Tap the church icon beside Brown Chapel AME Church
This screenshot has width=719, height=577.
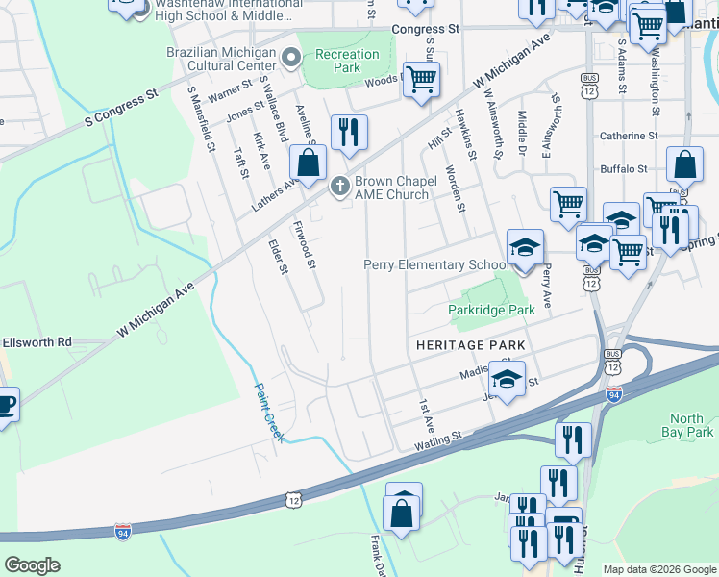coord(338,186)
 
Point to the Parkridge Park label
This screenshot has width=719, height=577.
coord(491,311)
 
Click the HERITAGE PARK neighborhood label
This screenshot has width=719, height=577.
coord(470,344)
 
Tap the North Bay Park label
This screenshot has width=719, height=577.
coord(686,425)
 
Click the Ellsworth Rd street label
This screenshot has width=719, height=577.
coord(37,341)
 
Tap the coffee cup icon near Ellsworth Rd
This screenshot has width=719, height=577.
coord(5,404)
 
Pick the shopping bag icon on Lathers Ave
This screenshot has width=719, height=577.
coord(308,163)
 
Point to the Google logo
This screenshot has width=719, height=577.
coord(32,565)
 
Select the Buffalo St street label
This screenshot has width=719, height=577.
coord(623,168)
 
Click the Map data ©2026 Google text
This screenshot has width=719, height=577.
coord(657,569)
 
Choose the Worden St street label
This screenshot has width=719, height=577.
coord(456,188)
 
